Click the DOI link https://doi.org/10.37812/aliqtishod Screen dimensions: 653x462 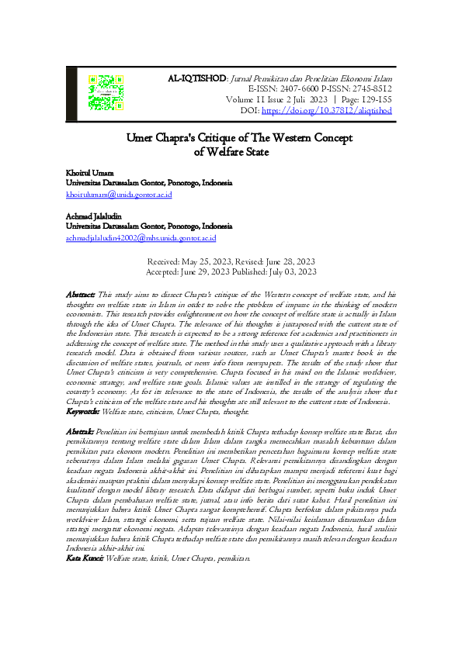(326, 111)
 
